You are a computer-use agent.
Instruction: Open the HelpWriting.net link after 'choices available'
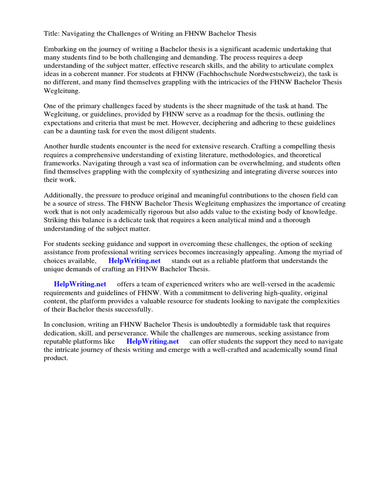click(x=134, y=260)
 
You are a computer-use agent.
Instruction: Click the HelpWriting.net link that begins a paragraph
click(x=80, y=285)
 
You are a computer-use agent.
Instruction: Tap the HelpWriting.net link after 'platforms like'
click(x=152, y=341)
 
